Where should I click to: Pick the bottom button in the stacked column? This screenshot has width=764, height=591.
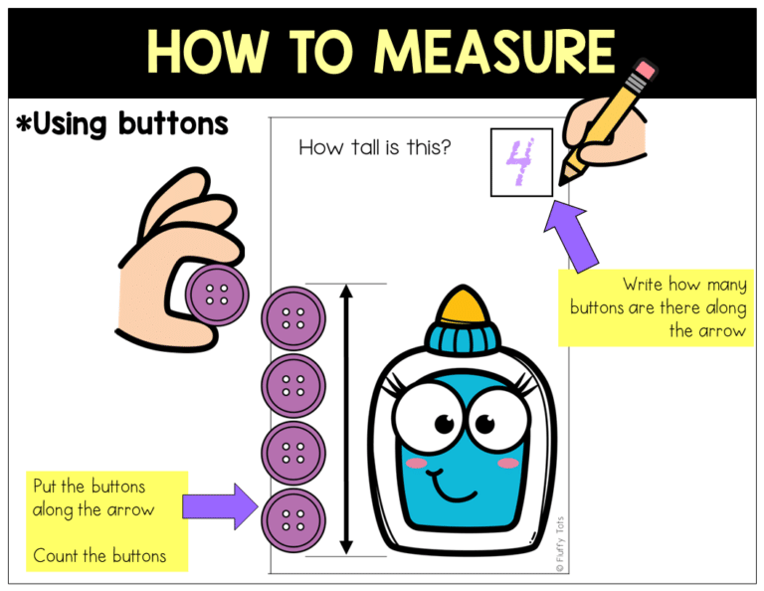point(293,518)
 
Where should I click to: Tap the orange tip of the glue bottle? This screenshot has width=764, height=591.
point(462,304)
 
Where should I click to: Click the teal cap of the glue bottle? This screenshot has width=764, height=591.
point(462,338)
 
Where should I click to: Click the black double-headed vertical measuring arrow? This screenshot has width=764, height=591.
point(346,418)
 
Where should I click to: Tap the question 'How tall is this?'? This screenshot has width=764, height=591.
point(375,148)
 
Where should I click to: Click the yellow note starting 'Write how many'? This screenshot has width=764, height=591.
point(656,307)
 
